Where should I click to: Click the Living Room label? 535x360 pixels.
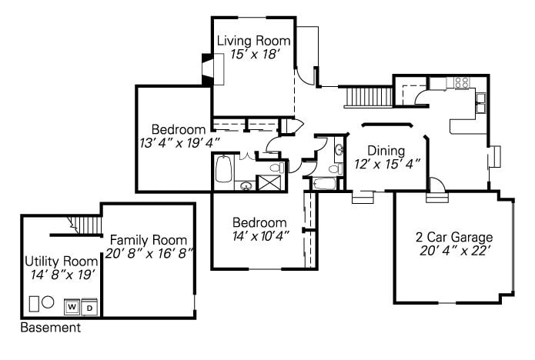click(253, 41)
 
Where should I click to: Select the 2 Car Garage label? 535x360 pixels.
click(454, 237)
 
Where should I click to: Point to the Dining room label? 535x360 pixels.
click(386, 151)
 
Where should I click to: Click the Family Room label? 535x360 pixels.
click(149, 240)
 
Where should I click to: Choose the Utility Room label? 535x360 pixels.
click(62, 262)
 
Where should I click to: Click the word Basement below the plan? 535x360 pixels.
click(51, 328)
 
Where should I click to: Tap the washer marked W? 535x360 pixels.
click(72, 307)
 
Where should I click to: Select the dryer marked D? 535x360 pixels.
click(89, 307)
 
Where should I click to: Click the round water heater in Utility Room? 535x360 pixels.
click(48, 302)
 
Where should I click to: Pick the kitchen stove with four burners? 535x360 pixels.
click(463, 83)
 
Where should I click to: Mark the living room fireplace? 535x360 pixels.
click(213, 69)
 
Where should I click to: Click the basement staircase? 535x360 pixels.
click(85, 224)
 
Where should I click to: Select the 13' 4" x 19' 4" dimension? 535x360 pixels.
click(179, 143)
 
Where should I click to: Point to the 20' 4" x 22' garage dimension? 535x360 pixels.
click(456, 251)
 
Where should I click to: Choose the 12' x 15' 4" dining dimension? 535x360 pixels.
click(386, 164)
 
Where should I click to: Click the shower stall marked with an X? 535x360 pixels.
click(269, 183)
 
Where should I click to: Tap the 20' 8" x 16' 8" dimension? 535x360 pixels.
click(149, 254)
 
